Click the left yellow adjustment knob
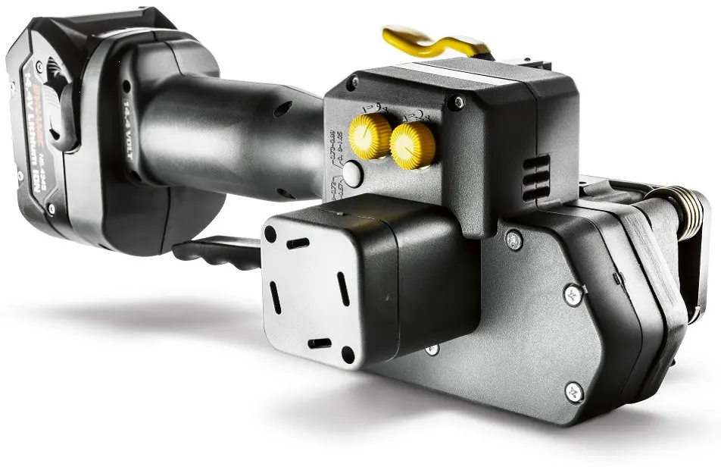tap(370, 136)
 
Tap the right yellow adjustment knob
tap(413, 145)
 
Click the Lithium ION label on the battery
tap(39, 129)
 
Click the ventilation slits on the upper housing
tap(535, 178)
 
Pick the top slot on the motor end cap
tap(298, 243)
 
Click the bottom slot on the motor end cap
tap(320, 343)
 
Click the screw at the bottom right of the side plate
tap(574, 391)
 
